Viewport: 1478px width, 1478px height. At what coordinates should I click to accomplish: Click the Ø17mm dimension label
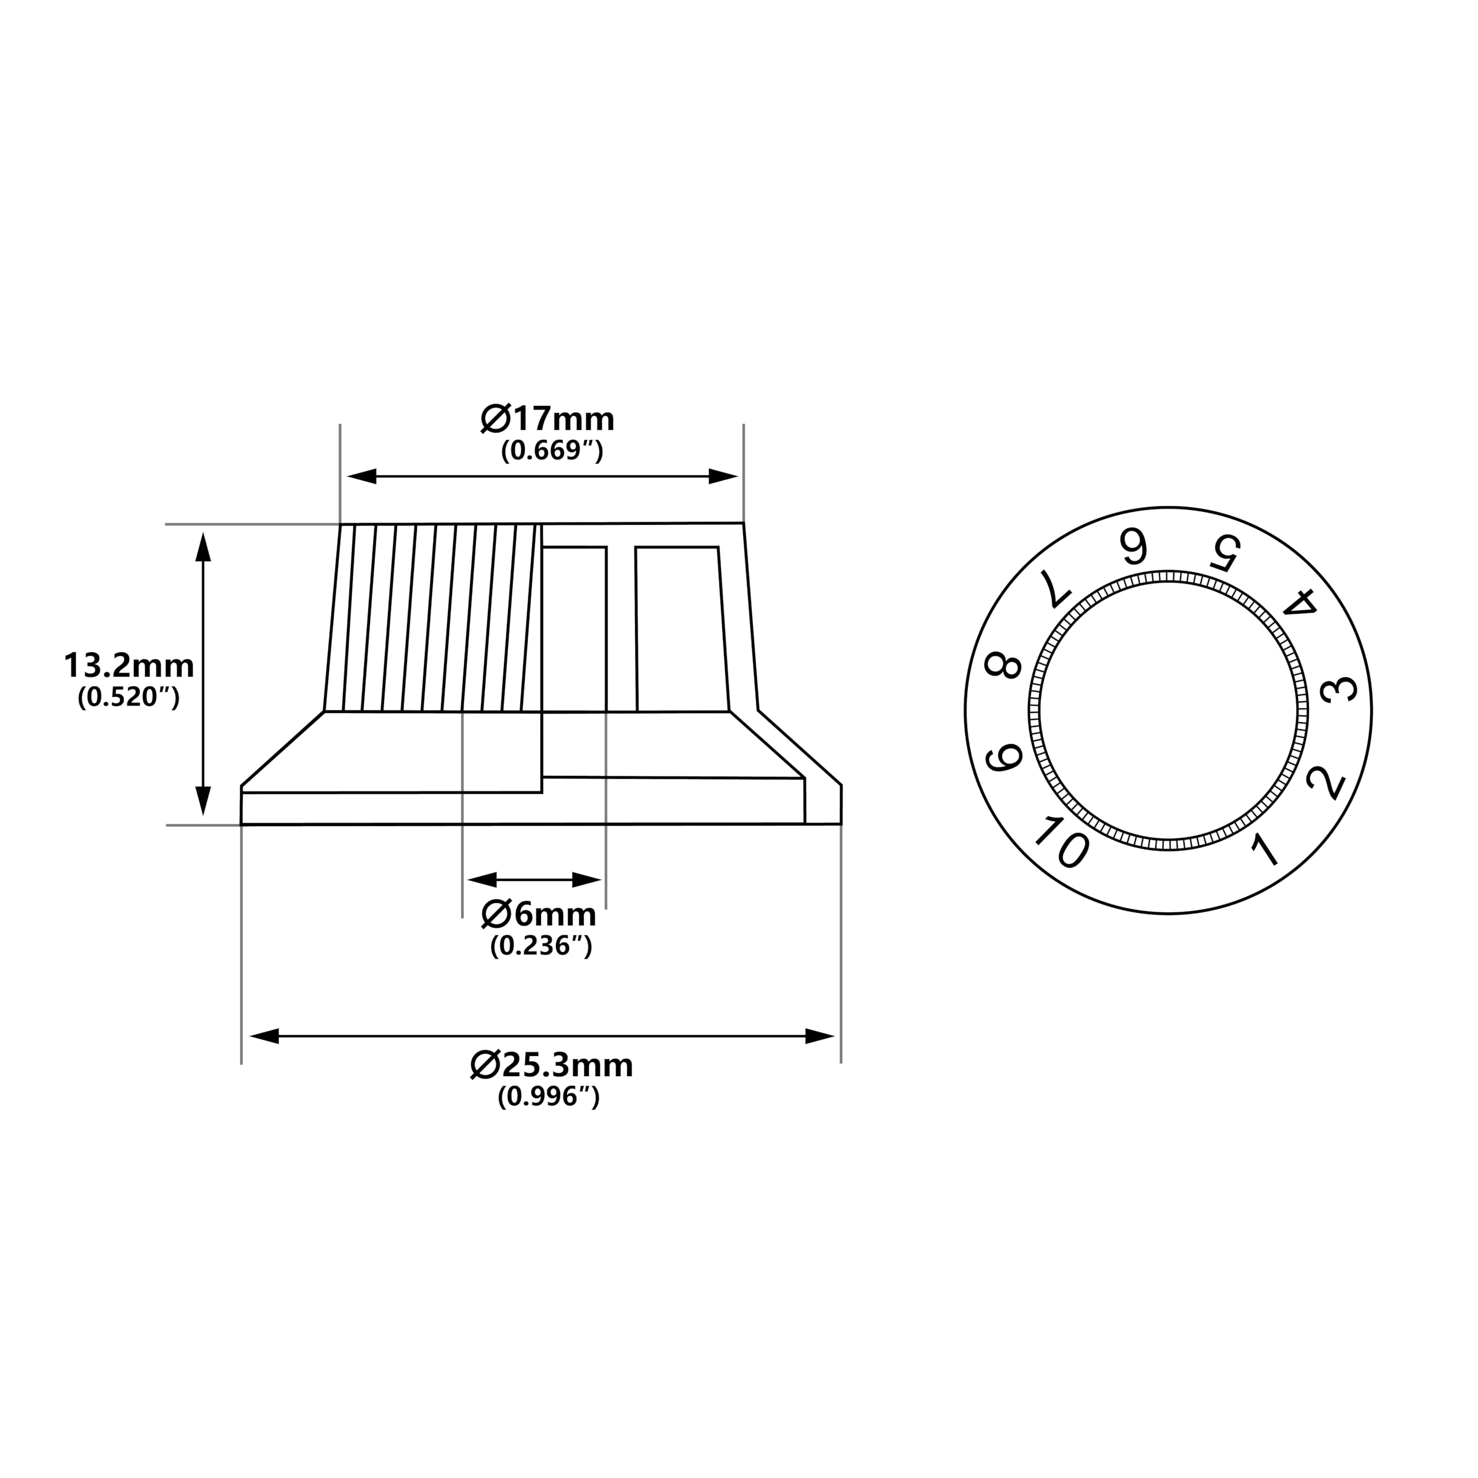[547, 419]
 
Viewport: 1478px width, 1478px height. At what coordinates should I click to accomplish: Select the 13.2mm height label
[129, 666]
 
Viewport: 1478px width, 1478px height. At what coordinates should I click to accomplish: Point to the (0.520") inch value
[129, 697]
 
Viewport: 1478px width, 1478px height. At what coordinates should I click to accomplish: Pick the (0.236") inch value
[541, 946]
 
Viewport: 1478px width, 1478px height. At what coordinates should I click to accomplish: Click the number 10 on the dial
[1061, 842]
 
